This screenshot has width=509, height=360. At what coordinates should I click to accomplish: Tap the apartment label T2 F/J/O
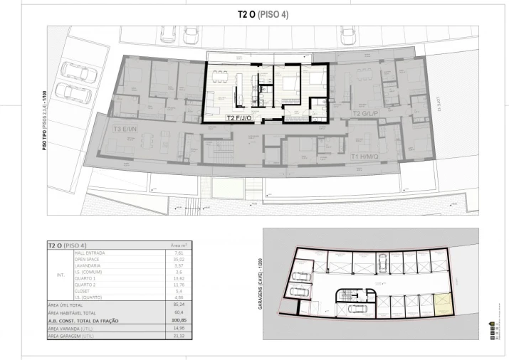click(241, 118)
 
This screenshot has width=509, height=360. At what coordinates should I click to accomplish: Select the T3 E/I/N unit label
click(126, 129)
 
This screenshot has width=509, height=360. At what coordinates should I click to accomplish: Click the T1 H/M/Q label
click(364, 156)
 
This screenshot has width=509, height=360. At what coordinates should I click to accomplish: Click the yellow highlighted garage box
click(444, 305)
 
